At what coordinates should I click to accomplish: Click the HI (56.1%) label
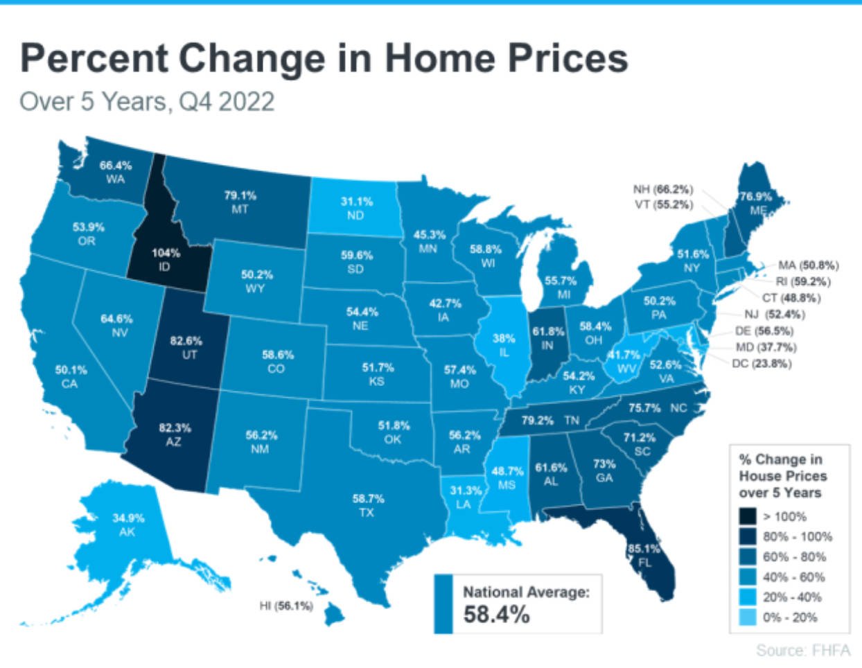(x=285, y=606)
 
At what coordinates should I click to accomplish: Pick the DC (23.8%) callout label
(x=761, y=363)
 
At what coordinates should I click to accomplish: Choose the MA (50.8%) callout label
(x=808, y=265)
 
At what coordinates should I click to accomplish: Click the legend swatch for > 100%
(x=748, y=516)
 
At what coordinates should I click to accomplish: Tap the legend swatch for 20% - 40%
(x=748, y=597)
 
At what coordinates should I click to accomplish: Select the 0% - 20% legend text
(x=790, y=617)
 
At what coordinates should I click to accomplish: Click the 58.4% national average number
(x=496, y=614)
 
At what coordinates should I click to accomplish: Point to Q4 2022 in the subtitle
(x=226, y=102)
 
